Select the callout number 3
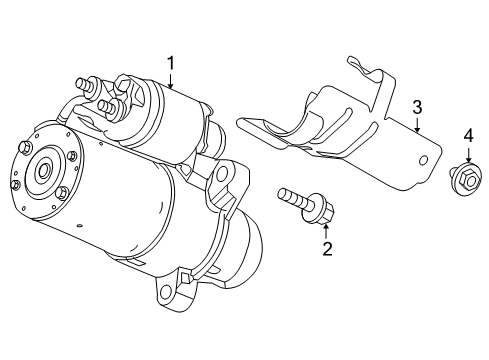pos(417,107)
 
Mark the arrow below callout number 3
pos(417,124)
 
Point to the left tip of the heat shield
pos(241,122)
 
